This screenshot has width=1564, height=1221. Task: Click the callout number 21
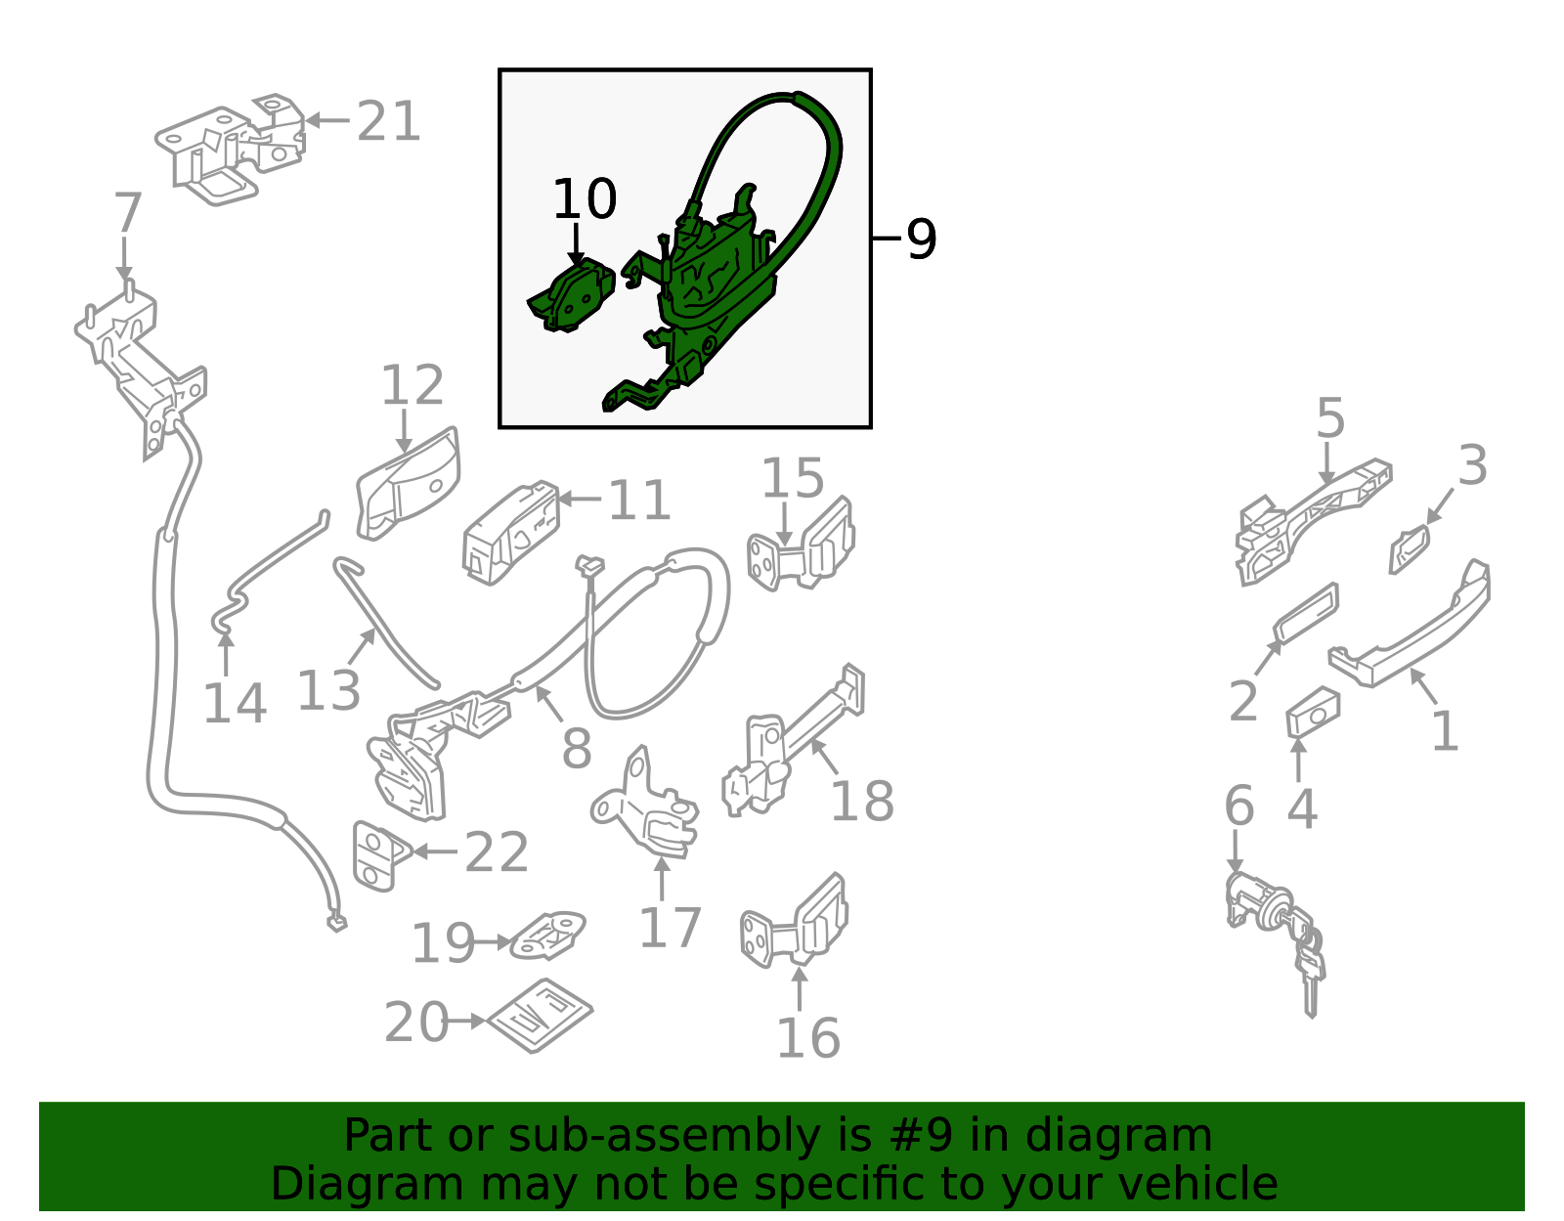[388, 121]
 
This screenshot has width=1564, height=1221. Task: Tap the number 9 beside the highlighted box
[921, 239]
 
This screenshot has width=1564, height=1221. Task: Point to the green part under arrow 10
[572, 296]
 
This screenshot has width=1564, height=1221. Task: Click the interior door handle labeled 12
[408, 484]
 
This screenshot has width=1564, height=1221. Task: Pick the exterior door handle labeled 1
[1410, 625]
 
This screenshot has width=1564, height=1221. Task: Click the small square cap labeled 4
[1313, 713]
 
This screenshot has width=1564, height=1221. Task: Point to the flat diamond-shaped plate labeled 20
[540, 1016]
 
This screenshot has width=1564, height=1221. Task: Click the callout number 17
[670, 928]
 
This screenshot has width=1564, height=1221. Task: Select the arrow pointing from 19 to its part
[493, 941]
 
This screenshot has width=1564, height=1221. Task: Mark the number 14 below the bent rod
[235, 703]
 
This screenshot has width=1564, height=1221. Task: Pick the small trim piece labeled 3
[1409, 549]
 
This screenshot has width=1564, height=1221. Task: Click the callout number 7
[127, 213]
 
